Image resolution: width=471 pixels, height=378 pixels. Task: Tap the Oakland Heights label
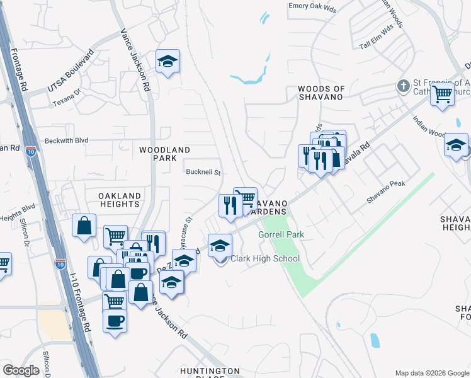(x=119, y=200)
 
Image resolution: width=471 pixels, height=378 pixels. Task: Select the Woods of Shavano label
(x=321, y=93)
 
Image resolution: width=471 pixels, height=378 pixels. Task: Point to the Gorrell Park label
(x=281, y=235)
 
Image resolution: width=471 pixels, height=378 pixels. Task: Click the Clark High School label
(x=264, y=259)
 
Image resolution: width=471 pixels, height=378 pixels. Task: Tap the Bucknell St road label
(x=203, y=172)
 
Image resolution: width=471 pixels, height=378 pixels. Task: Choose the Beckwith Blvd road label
(x=66, y=141)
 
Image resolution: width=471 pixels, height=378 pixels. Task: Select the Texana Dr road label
(x=67, y=100)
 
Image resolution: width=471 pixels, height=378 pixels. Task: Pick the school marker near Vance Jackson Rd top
(x=167, y=62)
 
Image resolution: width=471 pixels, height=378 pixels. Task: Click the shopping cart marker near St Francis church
(x=443, y=94)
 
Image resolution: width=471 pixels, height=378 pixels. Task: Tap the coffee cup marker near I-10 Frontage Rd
(x=115, y=321)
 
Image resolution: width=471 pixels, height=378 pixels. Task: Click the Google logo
(x=21, y=370)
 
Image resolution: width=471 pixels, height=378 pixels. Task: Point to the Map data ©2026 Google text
(x=432, y=372)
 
